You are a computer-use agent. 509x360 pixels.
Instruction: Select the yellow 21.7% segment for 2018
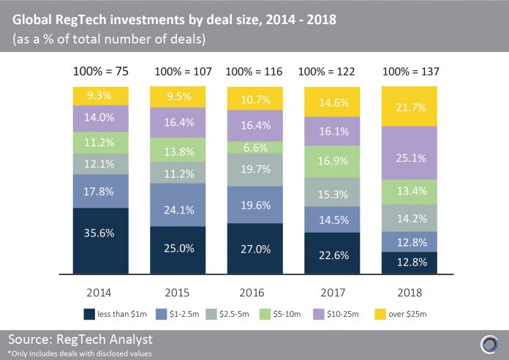pyautogui.click(x=409, y=107)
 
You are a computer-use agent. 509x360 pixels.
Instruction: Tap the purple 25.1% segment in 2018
pyautogui.click(x=409, y=154)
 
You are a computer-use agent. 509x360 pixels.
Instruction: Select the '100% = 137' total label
pyautogui.click(x=409, y=72)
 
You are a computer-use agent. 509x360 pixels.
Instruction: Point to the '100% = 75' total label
pyautogui.click(x=100, y=72)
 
